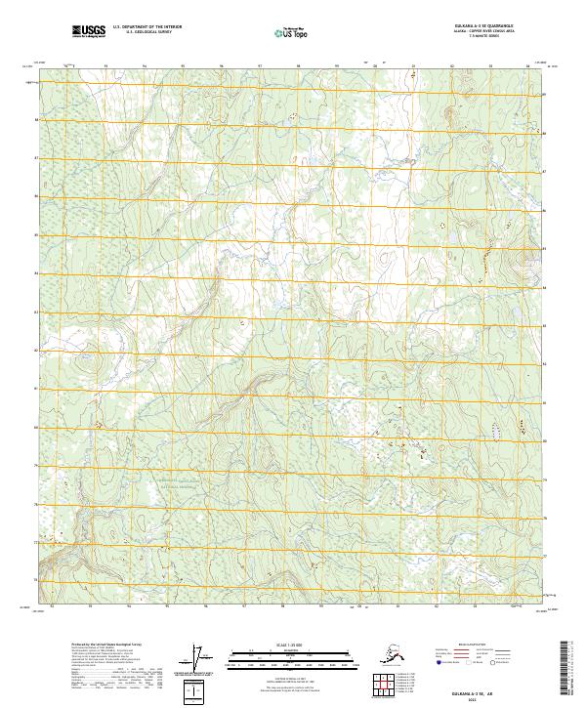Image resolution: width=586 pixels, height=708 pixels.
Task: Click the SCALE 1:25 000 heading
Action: pyautogui.click(x=275, y=645)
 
